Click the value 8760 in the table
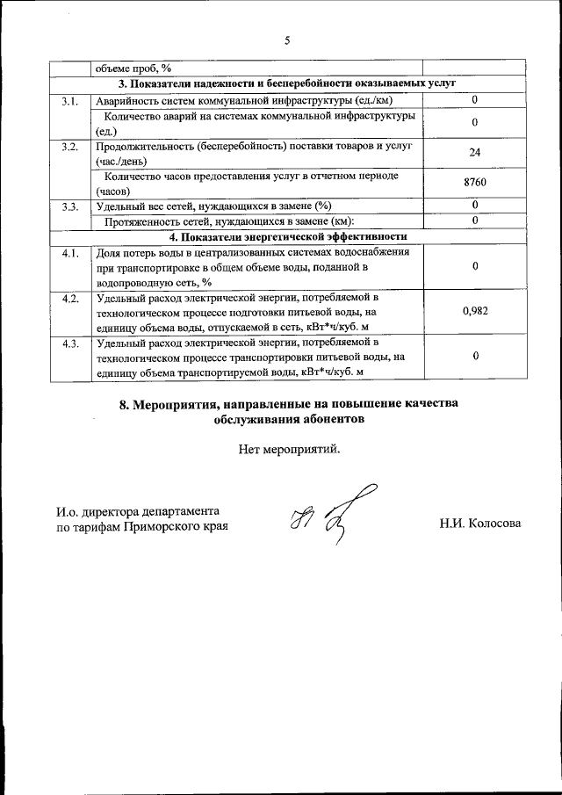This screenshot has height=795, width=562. click(x=474, y=183)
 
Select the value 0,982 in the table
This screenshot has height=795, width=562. click(x=474, y=311)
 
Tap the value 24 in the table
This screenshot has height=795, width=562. click(x=474, y=153)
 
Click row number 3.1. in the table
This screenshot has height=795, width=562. click(x=70, y=101)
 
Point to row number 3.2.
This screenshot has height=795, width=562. click(x=70, y=145)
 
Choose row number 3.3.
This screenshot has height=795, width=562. click(x=70, y=206)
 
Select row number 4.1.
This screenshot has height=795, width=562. click(x=70, y=253)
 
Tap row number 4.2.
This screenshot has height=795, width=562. click(x=70, y=299)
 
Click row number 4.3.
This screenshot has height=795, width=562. click(x=70, y=343)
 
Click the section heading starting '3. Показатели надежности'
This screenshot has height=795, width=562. click(x=287, y=84)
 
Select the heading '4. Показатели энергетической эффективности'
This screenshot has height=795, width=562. click(x=287, y=237)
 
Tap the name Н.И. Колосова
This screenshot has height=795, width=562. click(x=479, y=524)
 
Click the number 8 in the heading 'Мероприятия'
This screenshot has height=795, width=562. click(x=123, y=404)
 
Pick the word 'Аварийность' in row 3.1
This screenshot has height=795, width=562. click(x=126, y=100)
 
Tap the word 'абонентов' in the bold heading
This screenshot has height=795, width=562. click(x=331, y=420)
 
